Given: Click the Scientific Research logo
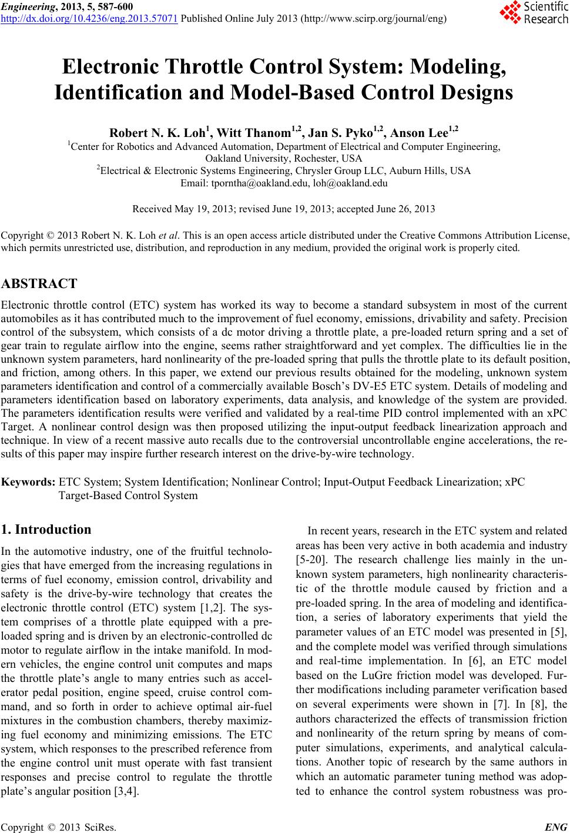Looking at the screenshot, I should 533,12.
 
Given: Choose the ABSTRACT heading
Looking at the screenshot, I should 39,284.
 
